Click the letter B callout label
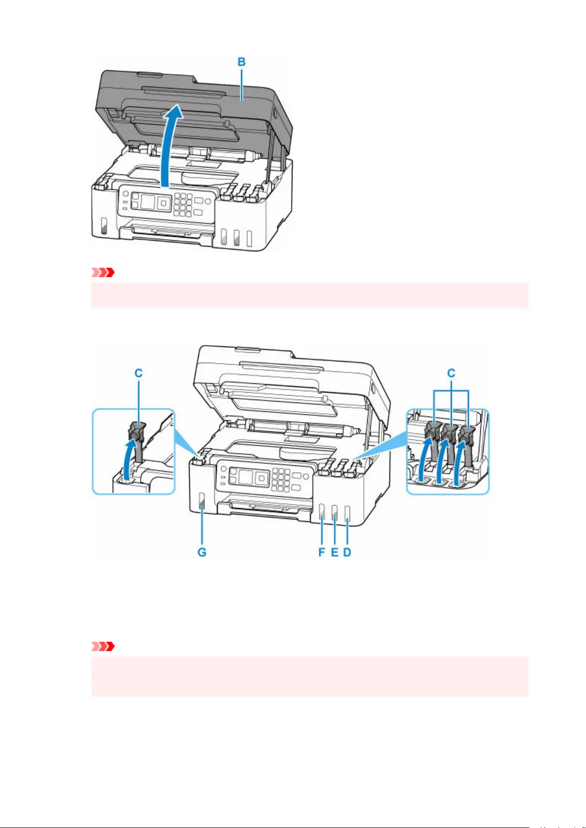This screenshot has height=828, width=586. [x=241, y=62]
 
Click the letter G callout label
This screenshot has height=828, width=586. [x=202, y=552]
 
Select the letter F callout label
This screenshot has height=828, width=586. [x=322, y=552]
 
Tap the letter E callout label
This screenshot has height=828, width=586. [x=335, y=552]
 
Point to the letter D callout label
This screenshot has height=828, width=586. [x=347, y=552]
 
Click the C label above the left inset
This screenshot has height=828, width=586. [x=138, y=373]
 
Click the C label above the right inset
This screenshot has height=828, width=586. [x=451, y=373]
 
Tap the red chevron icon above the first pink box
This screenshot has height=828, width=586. [x=103, y=273]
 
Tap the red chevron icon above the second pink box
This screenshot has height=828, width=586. [x=103, y=647]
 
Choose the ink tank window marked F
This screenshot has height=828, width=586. [x=322, y=513]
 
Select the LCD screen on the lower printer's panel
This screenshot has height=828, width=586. [x=245, y=476]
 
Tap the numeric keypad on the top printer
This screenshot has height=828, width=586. [x=183, y=205]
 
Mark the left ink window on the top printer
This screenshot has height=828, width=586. [x=104, y=227]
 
